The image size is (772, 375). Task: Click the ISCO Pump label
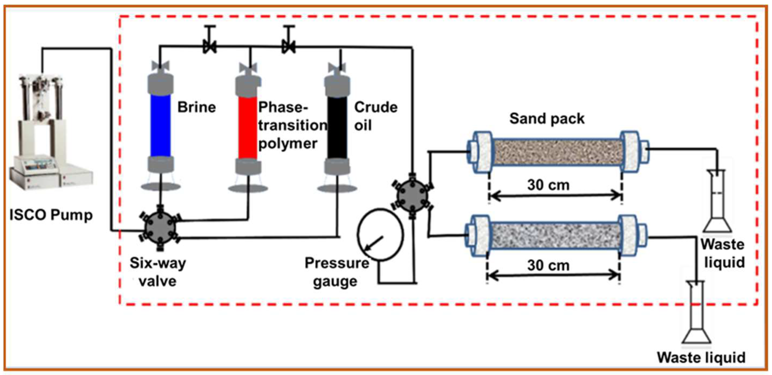tap(51, 215)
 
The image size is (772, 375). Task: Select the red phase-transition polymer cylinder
tap(248, 127)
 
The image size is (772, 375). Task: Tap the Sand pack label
tap(547, 119)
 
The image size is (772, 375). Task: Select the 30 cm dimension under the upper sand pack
tap(548, 185)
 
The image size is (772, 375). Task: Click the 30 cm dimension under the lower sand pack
tap(548, 265)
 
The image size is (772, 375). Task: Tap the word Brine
tap(196, 107)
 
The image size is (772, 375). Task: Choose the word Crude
tap(376, 107)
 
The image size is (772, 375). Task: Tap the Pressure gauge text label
tap(336, 272)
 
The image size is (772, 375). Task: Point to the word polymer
tap(287, 144)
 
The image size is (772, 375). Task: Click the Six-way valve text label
tap(158, 272)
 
